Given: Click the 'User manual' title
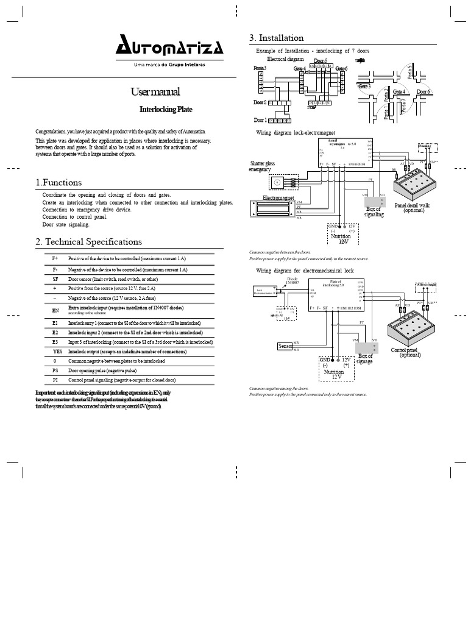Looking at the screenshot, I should coord(155,93).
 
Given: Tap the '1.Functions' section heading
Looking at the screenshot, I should coord(58,182).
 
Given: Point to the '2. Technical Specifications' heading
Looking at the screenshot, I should coord(89,242).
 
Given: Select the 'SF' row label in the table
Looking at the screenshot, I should coord(55,278).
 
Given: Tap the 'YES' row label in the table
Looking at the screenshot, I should coord(57,352).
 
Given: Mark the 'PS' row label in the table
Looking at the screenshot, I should coord(55,370).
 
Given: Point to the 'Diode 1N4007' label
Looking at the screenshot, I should coord(293,281).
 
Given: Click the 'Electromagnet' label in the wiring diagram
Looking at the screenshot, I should coord(278,198).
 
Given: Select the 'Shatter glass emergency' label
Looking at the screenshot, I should coord(263,166).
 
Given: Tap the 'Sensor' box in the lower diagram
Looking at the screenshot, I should coord(285,346).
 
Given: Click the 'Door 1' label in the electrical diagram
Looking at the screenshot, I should coord(260,120).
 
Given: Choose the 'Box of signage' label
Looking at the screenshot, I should coord(365,359).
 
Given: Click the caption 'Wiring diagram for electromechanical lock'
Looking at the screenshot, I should coord(304,270).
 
